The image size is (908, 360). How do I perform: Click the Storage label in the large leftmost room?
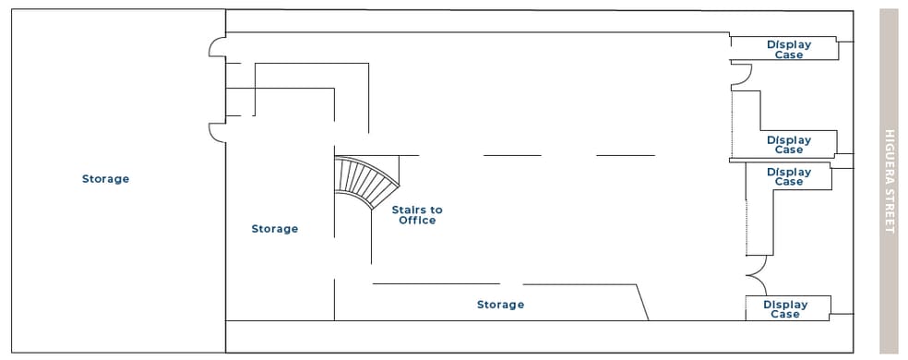[x=105, y=179]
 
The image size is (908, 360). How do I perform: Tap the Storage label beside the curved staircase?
[x=275, y=229]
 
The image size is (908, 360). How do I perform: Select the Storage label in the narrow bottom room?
[x=500, y=305]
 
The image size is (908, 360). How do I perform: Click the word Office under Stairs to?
[x=417, y=221]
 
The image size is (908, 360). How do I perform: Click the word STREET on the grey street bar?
[x=890, y=209]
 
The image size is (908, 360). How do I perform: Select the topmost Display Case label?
[x=789, y=49]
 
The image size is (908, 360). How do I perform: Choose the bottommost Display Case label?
[x=785, y=309]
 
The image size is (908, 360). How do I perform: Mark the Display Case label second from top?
[x=789, y=145]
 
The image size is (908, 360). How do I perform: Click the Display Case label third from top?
[x=789, y=176]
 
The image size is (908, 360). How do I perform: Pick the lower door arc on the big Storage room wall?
[x=217, y=133]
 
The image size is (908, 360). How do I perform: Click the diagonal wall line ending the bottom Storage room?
[x=641, y=302]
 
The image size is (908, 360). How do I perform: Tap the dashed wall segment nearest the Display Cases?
[x=626, y=155]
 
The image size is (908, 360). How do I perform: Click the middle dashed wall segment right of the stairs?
[x=512, y=155]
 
